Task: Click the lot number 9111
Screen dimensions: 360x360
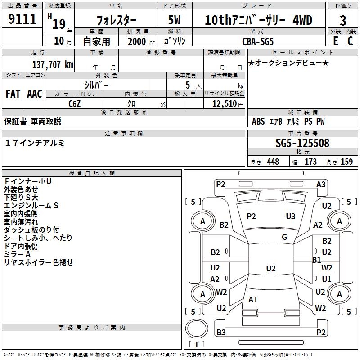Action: coord(22,20)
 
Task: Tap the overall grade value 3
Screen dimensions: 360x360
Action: coord(343,20)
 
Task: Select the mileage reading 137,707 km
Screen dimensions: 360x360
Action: coord(53,64)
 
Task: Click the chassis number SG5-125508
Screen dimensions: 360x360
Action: coord(302,143)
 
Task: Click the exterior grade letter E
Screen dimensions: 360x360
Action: coord(335,40)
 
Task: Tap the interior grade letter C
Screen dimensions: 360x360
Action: coord(351,40)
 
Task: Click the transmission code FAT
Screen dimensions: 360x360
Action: coord(13,94)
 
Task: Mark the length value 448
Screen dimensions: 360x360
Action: coord(273,162)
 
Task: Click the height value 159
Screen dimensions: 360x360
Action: coord(346,162)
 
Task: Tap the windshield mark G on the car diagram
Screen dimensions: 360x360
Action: coord(284,237)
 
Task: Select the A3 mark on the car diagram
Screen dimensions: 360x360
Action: coord(321,184)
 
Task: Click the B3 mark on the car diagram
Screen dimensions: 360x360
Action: coord(221,333)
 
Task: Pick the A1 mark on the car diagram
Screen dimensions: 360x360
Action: coord(253,300)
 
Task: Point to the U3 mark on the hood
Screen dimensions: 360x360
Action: coord(291,216)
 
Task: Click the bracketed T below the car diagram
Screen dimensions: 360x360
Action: coord(197,345)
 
